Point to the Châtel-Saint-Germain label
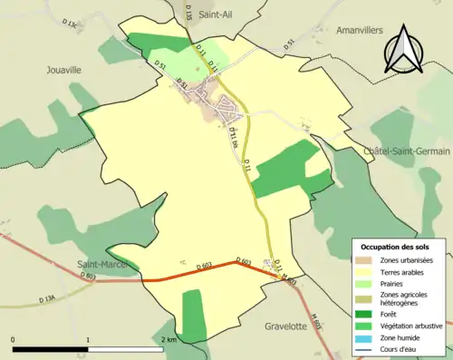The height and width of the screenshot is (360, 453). (407, 151)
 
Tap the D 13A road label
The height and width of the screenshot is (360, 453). (47, 298)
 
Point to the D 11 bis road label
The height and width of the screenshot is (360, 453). (234, 137)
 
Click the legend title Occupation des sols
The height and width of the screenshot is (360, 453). (397, 247)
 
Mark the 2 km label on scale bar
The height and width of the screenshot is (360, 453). (169, 339)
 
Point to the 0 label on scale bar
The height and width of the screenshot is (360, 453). (14, 339)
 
